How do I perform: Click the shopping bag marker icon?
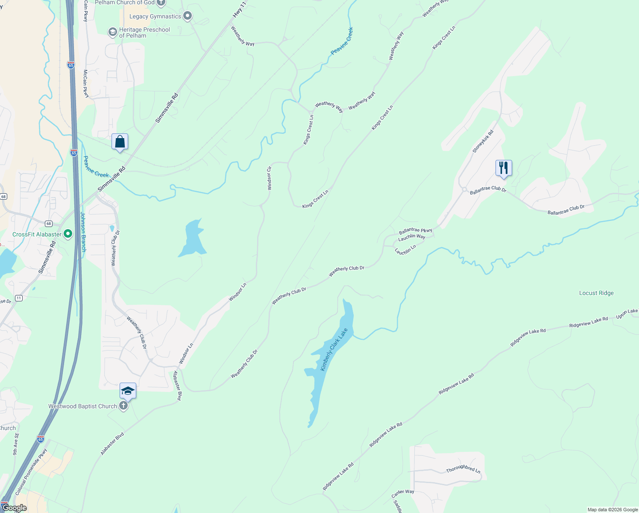click(120, 142)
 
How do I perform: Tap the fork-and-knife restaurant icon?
click(504, 168)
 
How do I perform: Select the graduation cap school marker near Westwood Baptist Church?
click(128, 391)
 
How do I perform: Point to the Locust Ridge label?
click(596, 293)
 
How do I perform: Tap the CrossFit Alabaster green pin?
click(67, 234)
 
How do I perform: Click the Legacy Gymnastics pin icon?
click(187, 17)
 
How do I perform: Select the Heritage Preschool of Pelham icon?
click(112, 32)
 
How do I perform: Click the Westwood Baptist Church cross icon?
click(123, 406)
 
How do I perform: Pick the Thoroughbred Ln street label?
click(463, 469)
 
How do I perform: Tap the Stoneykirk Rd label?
click(483, 142)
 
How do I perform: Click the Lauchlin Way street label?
click(412, 237)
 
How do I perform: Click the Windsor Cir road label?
click(269, 178)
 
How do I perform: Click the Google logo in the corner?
click(14, 508)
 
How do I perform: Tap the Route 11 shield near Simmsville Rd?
click(19, 298)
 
